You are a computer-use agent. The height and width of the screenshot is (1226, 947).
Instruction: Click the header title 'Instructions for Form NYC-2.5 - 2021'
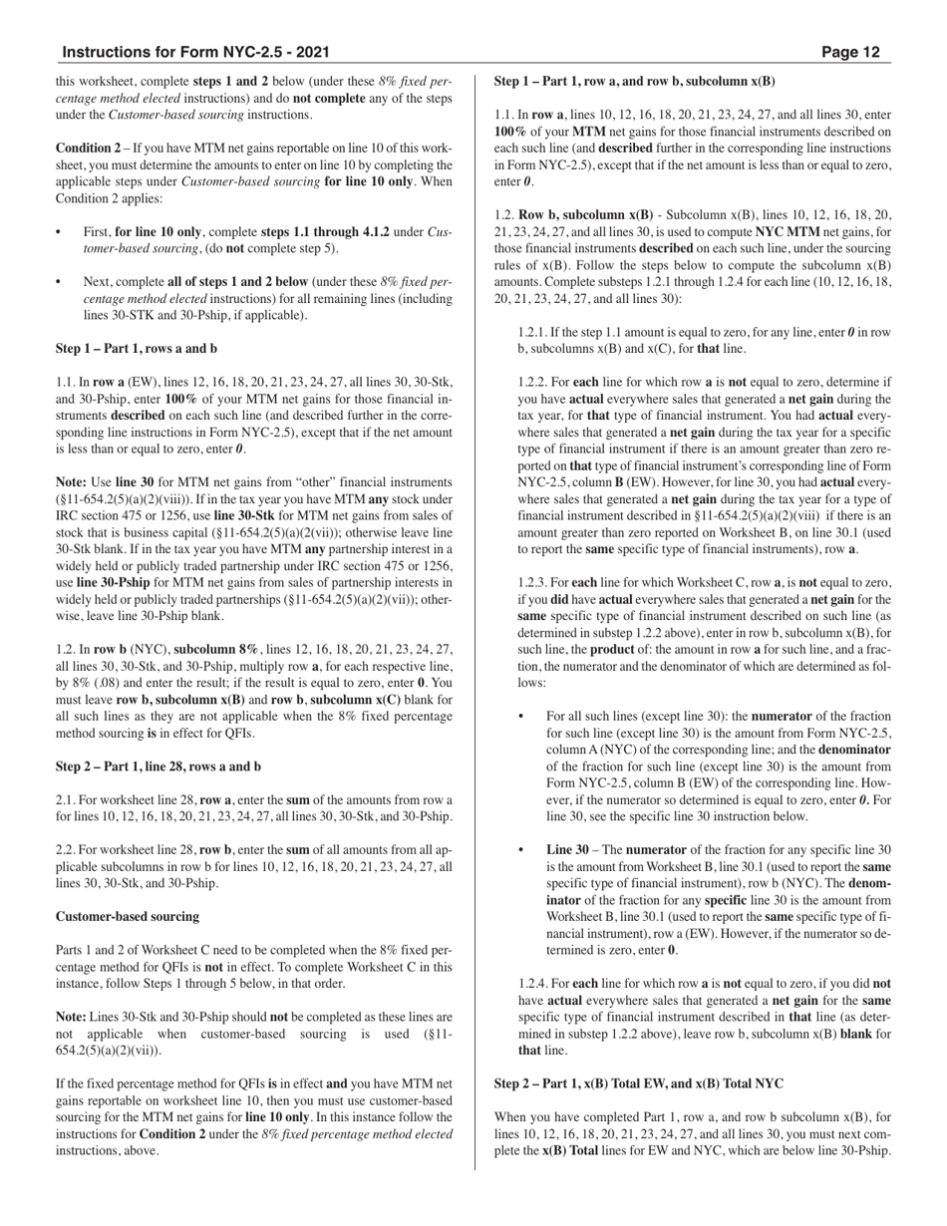195,52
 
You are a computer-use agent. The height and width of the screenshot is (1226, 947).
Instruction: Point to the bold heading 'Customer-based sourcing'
128,916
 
